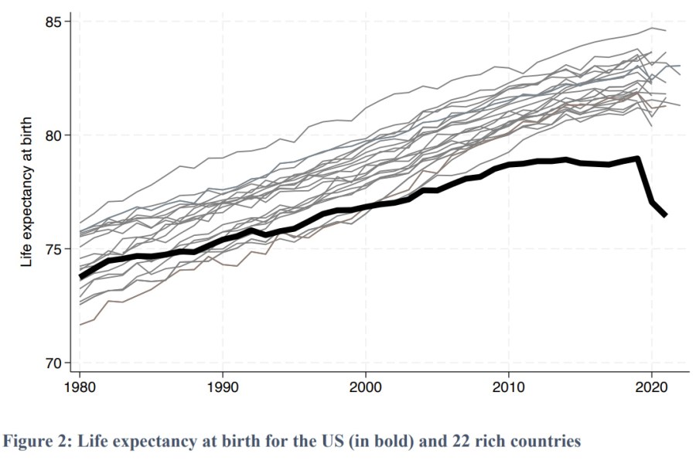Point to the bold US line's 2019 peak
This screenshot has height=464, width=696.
[x=637, y=159]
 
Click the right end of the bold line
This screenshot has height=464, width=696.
[x=666, y=215]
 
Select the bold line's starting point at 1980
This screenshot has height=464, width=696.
[x=80, y=276]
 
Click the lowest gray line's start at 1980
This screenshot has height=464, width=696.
[x=80, y=325]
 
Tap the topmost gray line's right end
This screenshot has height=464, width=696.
[x=666, y=30]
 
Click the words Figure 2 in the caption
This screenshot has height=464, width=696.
[x=39, y=442]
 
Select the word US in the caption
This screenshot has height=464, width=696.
[x=290, y=442]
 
